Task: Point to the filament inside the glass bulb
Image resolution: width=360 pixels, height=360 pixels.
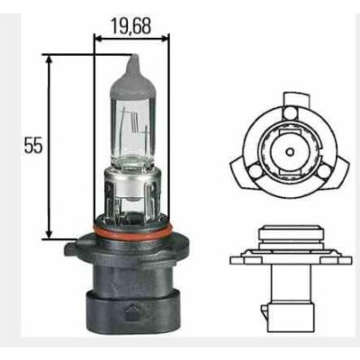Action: point(132,121)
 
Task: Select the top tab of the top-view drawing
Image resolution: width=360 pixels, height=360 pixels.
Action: point(288,96)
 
